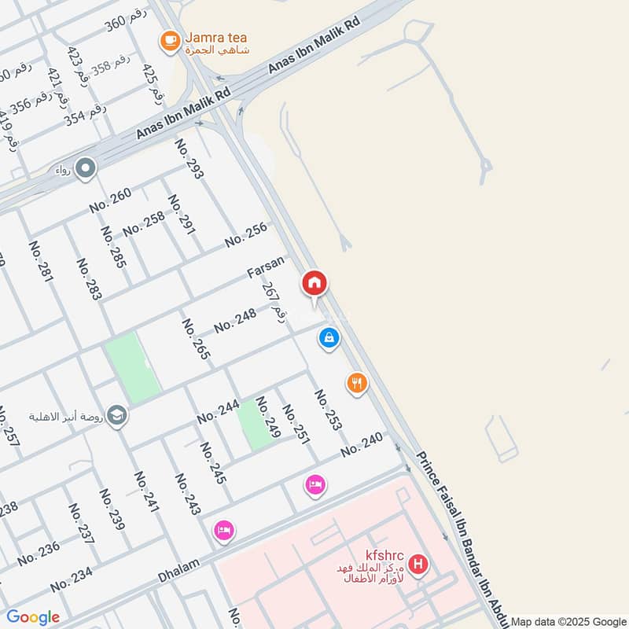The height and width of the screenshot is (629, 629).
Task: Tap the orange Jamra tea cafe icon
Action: tap(169, 40)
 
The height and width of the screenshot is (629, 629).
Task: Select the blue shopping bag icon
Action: tap(329, 338)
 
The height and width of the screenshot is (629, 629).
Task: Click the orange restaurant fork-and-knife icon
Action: tap(357, 383)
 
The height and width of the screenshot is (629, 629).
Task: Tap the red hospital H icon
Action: tap(420, 565)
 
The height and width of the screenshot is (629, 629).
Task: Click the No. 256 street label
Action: tap(246, 234)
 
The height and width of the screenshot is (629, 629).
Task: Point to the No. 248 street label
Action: tap(235, 319)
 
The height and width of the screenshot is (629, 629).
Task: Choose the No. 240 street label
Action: tap(362, 445)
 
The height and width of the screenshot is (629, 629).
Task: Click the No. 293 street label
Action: tap(189, 159)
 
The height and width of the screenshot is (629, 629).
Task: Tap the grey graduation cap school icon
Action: tap(117, 415)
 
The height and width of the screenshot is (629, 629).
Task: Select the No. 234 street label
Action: tap(72, 580)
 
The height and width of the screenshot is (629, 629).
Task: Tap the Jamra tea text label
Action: tap(217, 37)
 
